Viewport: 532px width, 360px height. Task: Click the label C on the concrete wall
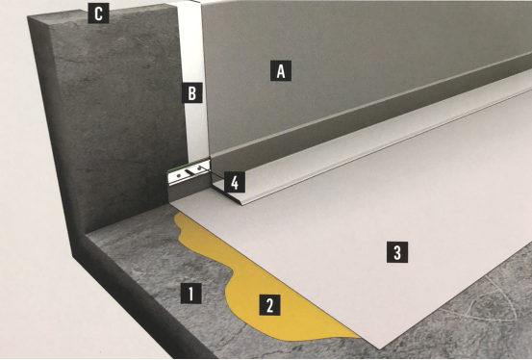pos(98,13)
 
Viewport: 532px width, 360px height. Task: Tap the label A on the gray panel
pos(281,71)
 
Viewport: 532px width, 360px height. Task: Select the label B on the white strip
pos(192,92)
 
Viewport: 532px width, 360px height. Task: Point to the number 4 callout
pos(235,183)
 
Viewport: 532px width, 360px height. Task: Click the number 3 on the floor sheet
pos(397,252)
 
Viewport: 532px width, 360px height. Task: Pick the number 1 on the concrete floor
pos(191,293)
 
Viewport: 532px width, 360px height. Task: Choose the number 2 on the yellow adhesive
pos(270,305)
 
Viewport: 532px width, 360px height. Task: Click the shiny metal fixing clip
pos(189,172)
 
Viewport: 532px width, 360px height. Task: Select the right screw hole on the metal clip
pos(200,167)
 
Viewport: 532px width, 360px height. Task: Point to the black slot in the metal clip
pos(192,172)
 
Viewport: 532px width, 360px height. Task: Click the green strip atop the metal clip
pos(189,165)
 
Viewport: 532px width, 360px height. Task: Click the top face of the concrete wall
pos(102,13)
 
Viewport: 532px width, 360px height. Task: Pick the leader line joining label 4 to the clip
pos(217,175)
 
